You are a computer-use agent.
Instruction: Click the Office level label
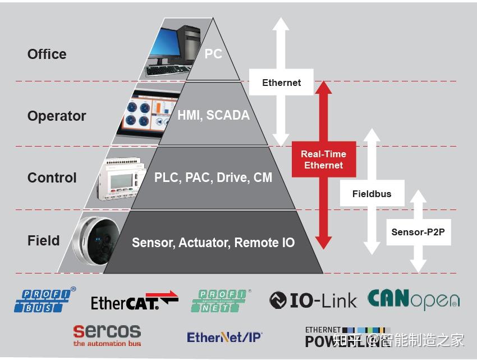[x=47, y=54]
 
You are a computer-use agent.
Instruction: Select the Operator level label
[x=57, y=116]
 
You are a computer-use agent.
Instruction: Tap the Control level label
[x=52, y=178]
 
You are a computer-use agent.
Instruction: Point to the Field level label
[x=43, y=241]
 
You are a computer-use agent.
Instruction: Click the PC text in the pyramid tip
[x=213, y=54]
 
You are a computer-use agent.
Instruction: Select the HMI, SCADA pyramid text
[x=213, y=115]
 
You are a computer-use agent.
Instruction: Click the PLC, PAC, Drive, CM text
[x=213, y=177]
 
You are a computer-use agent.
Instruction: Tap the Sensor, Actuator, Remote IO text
[x=213, y=243]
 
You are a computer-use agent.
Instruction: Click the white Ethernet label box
[x=281, y=83]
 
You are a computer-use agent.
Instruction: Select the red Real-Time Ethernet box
[x=323, y=160]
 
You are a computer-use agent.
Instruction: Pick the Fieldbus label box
[x=371, y=194]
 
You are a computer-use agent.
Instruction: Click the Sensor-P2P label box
[x=418, y=232]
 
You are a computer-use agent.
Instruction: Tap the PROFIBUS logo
[x=45, y=300]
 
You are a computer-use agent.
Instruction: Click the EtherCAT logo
[x=134, y=301]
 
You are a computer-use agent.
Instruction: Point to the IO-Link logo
[x=313, y=300]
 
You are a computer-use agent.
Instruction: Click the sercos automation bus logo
[x=107, y=335]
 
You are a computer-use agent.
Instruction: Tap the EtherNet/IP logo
[x=224, y=337]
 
